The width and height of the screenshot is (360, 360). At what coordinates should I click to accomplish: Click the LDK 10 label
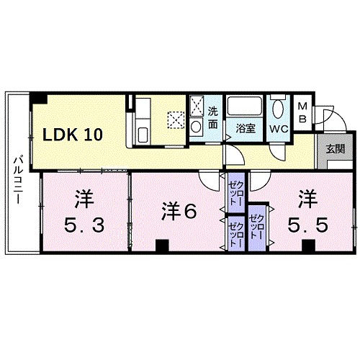point(74,134)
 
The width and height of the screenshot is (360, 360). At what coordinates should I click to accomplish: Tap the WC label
point(279,129)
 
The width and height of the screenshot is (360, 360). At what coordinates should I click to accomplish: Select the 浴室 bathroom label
point(246,129)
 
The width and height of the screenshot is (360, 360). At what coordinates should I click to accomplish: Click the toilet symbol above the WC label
point(279,109)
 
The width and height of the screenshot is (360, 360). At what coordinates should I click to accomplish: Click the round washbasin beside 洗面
point(197,127)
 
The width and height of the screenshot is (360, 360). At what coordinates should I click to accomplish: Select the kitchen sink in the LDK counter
point(142,135)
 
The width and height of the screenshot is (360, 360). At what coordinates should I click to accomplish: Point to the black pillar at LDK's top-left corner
point(42,99)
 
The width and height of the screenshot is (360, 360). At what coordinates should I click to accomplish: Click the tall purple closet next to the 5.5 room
point(256,223)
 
